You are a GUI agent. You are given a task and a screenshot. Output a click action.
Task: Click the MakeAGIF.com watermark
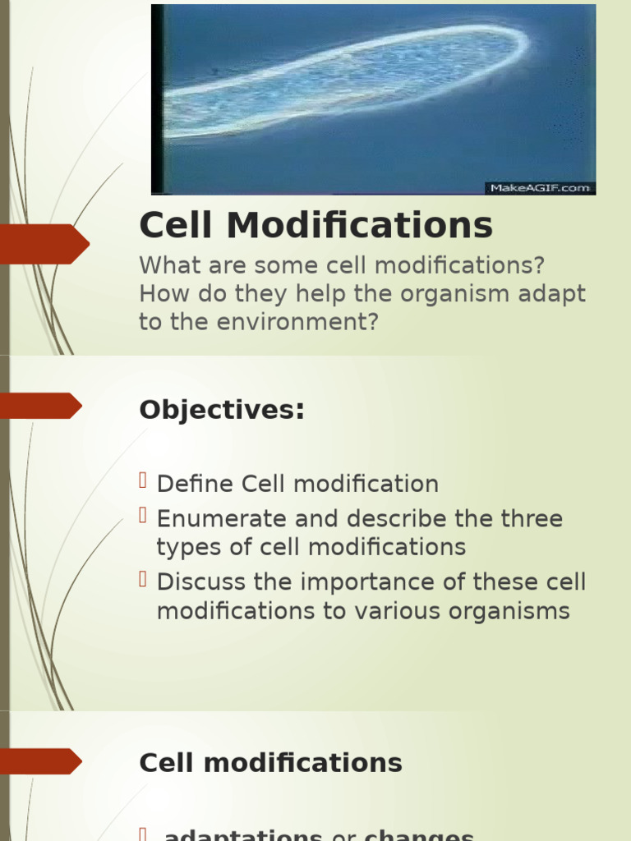click(x=541, y=188)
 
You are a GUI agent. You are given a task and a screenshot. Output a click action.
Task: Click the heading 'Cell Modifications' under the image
click(x=316, y=225)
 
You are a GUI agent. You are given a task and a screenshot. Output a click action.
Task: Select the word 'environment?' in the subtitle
click(x=297, y=322)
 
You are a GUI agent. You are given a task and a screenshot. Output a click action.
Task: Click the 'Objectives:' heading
click(x=222, y=410)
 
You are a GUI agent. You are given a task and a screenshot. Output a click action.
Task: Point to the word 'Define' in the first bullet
click(x=196, y=484)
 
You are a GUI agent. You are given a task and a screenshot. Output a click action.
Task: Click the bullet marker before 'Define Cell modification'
click(x=143, y=480)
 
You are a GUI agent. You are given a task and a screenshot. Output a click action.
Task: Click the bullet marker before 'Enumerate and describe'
click(x=143, y=515)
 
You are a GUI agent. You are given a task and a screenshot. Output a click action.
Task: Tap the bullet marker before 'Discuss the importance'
click(x=143, y=579)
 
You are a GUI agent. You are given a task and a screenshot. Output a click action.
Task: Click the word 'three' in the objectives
click(x=532, y=519)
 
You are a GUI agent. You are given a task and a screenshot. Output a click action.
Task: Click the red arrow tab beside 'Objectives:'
click(x=41, y=406)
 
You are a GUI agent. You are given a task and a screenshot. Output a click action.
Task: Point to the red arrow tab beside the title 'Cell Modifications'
click(x=44, y=244)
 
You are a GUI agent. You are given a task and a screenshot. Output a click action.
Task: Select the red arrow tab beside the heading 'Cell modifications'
click(x=41, y=761)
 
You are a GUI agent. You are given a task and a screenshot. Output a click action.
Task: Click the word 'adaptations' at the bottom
click(x=243, y=835)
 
